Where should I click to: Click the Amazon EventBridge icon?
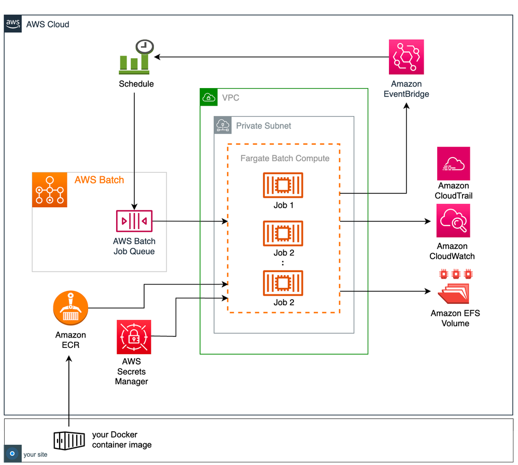[x=407, y=57]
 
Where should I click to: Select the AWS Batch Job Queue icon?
[x=134, y=221]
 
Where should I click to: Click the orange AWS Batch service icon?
[x=50, y=190]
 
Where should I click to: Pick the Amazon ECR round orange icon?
[x=71, y=307]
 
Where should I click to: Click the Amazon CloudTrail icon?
[x=453, y=163]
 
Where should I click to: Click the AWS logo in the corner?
[x=13, y=24]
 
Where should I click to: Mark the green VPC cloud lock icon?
[x=208, y=97]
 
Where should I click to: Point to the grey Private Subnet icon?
[x=222, y=125]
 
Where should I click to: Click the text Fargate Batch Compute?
[x=285, y=158]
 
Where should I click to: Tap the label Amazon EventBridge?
[x=407, y=89]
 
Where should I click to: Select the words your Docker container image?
[x=122, y=440]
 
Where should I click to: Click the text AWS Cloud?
[x=48, y=24]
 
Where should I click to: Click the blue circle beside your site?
[x=12, y=454]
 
